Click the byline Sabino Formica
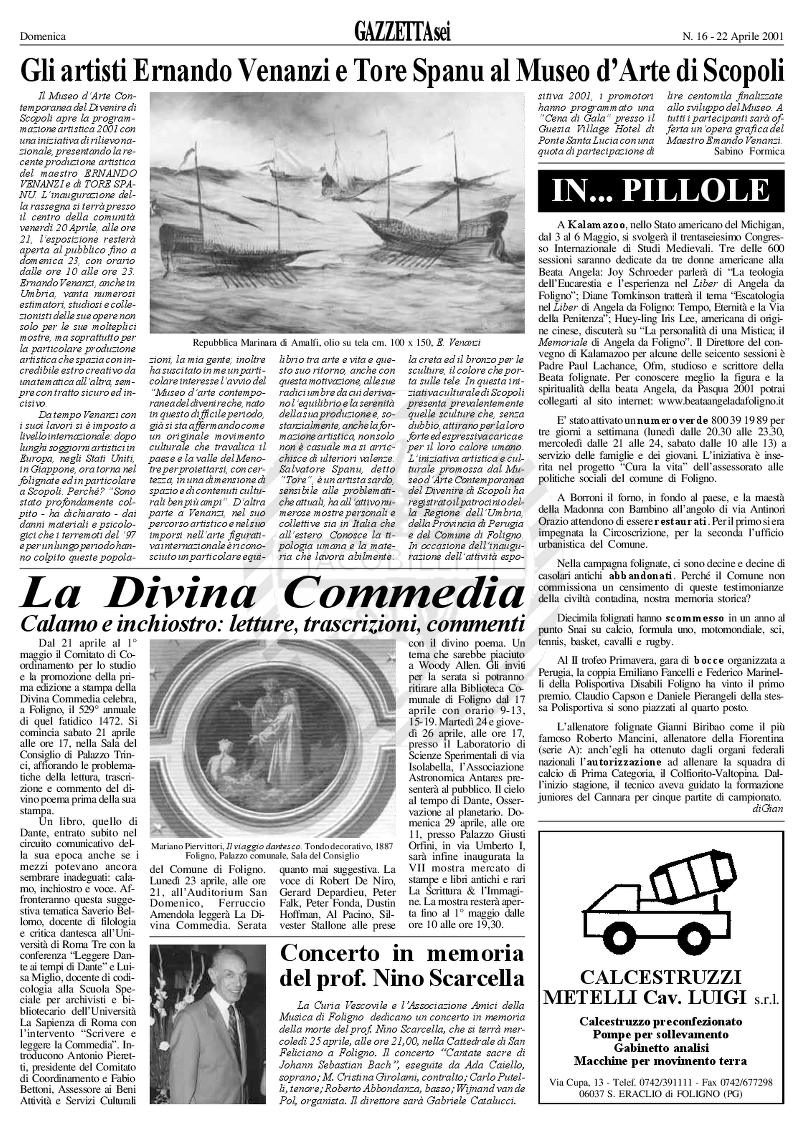[749, 151]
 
